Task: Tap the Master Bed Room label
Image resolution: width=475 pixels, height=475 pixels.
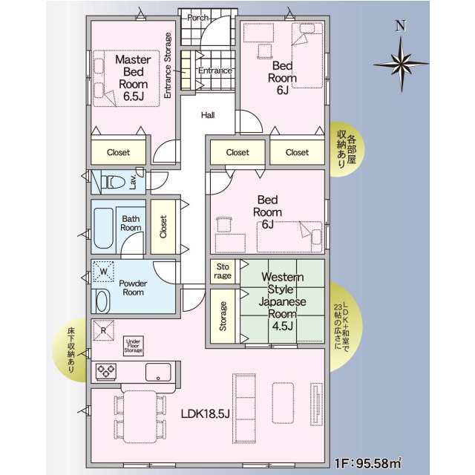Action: [134, 78]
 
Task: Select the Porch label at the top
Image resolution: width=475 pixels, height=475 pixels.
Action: [197, 18]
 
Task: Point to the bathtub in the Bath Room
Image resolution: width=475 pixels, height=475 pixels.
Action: [103, 228]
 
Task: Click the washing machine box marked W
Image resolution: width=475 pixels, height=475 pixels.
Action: [104, 271]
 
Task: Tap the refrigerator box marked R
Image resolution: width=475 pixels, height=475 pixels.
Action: [103, 330]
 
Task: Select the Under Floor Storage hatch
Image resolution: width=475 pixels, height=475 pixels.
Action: [134, 346]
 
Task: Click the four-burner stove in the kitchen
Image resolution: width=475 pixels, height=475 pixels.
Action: [106, 371]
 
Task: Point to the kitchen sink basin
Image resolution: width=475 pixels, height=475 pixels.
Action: [158, 372]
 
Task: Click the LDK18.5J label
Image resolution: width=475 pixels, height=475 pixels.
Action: [205, 414]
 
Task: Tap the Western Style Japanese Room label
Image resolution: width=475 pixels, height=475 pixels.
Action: [282, 301]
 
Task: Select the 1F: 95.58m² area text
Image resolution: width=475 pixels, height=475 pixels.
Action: [368, 463]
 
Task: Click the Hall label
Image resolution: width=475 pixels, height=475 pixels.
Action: [208, 115]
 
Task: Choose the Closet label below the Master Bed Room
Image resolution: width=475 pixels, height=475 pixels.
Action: [118, 152]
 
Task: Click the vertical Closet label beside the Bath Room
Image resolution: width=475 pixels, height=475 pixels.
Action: [163, 226]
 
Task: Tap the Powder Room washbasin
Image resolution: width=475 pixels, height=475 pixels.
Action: [102, 301]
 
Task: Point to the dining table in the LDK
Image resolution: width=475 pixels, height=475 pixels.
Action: [140, 417]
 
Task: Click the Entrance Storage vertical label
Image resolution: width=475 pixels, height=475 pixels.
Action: [168, 65]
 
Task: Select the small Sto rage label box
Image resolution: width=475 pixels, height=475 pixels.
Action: [223, 271]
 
